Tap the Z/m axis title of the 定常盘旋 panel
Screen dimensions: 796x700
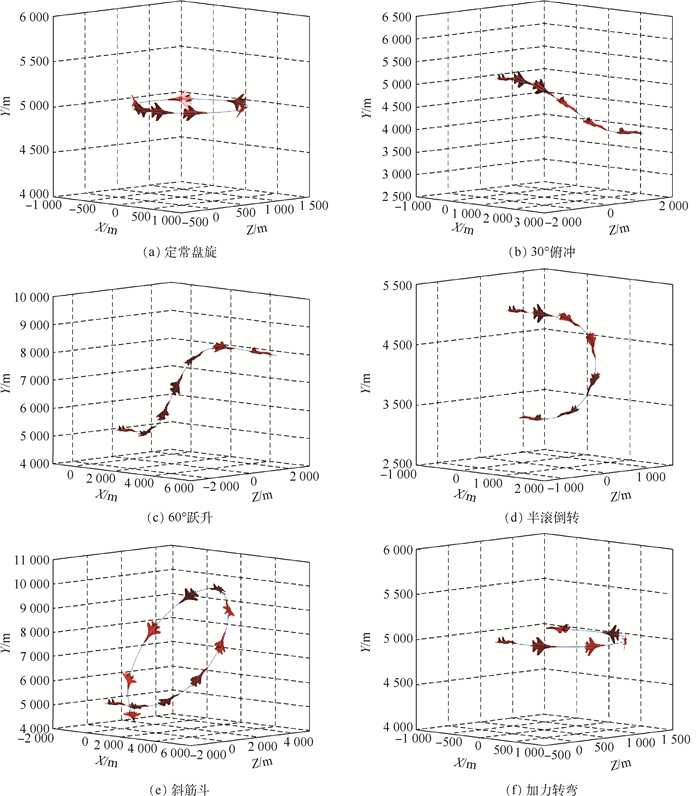[256, 228]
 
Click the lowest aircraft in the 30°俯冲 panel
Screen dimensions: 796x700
[629, 131]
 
